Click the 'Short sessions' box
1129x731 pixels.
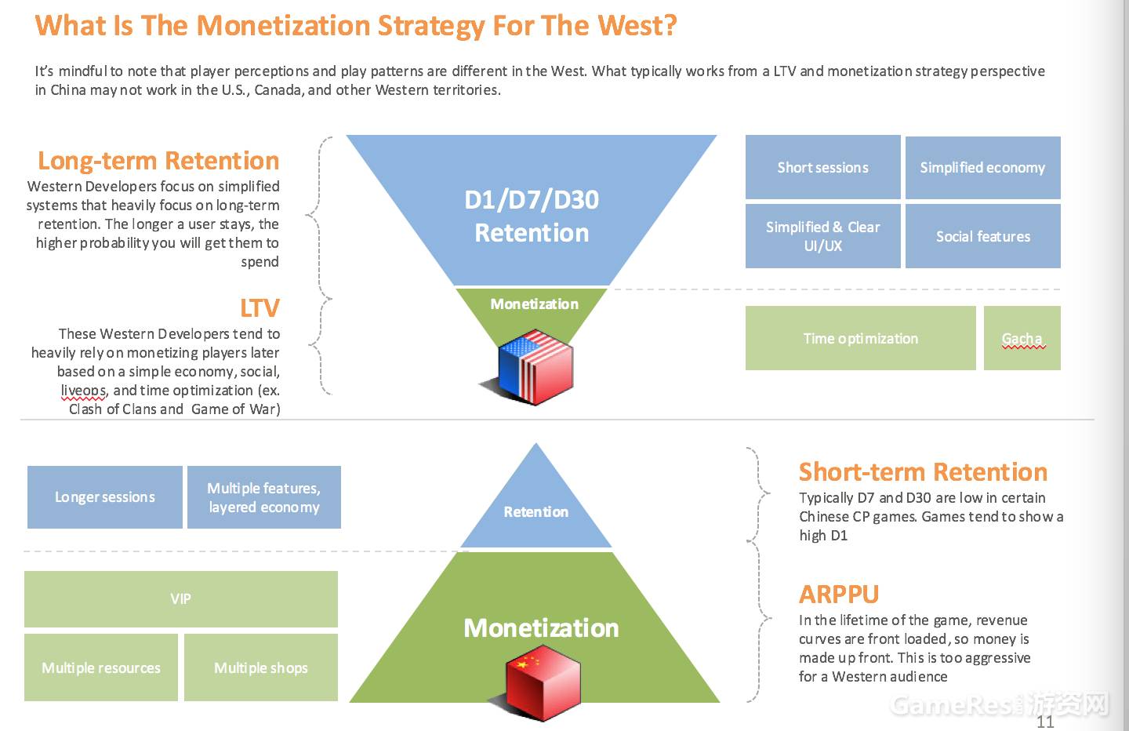822,167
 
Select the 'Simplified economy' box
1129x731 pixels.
982,167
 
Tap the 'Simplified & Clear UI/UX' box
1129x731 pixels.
822,236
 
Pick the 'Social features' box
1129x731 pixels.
982,236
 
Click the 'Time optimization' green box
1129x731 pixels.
860,338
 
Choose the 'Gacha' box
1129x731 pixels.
1022,338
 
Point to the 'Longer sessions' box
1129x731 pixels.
104,496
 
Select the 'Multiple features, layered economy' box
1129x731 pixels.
263,497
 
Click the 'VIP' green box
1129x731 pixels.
180,598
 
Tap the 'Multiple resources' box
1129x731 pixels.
100,667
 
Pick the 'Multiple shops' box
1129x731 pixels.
260,667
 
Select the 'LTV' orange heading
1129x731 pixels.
260,308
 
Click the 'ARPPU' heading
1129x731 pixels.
839,595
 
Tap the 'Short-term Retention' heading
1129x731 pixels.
923,472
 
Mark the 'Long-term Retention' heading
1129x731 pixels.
158,161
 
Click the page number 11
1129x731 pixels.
1045,722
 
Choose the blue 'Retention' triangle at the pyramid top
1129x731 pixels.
535,506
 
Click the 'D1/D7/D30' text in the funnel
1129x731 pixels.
532,200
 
